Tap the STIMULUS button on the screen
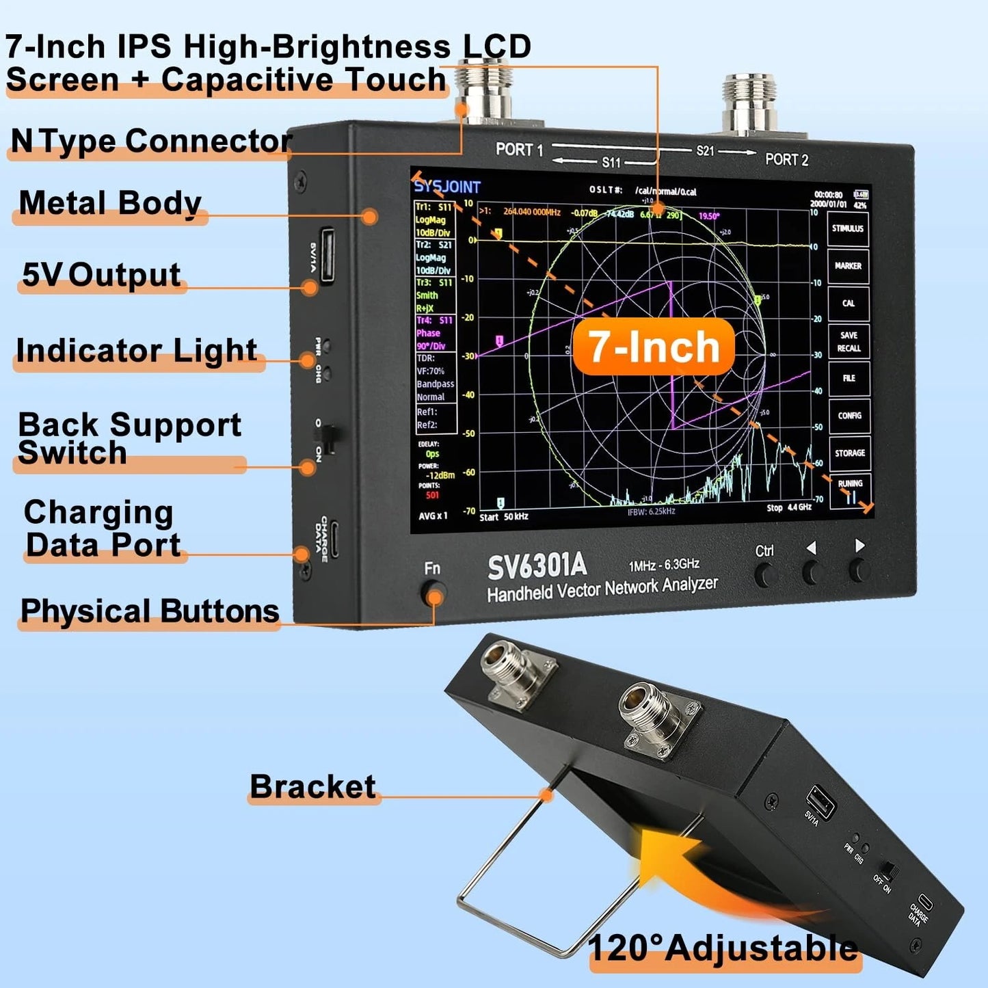pos(848,228)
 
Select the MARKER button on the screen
pos(848,266)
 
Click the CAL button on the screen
pos(848,303)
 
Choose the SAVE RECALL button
pos(849,341)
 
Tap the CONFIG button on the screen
pos(849,415)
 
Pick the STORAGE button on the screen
pos(850,453)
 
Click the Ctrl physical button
pos(765,575)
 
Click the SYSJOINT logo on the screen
pos(448,187)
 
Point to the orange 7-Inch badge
pos(654,347)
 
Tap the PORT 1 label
pos(519,149)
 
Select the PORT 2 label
pos(786,159)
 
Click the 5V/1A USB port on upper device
pos(327,255)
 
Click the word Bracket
pos(312,786)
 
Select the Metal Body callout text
pos(110,203)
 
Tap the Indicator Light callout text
pos(136,350)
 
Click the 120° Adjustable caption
pos(723,948)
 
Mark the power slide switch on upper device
pos(329,438)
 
